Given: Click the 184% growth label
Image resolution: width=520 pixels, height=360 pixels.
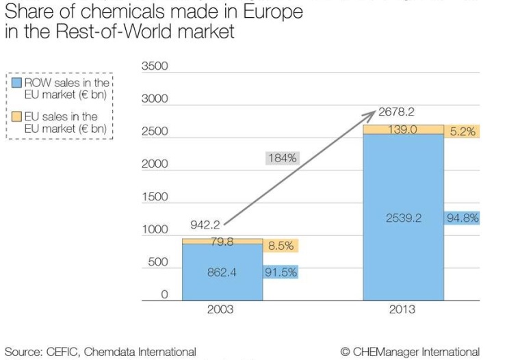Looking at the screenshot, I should [282, 158].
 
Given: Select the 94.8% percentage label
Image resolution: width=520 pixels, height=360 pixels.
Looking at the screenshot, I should [463, 218].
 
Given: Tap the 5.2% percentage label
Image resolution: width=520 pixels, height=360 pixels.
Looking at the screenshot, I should [463, 131].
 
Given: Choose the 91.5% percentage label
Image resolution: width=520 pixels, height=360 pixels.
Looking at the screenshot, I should [281, 272].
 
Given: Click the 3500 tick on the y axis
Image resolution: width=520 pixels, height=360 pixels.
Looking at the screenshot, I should [154, 67].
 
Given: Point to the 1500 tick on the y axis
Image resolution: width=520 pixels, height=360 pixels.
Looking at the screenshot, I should [154, 197].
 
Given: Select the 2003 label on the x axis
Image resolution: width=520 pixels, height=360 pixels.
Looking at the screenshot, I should [220, 309].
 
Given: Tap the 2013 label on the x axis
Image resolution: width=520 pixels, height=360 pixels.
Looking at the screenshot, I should [402, 309].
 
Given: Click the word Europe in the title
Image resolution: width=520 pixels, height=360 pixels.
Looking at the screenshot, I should [268, 12].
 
